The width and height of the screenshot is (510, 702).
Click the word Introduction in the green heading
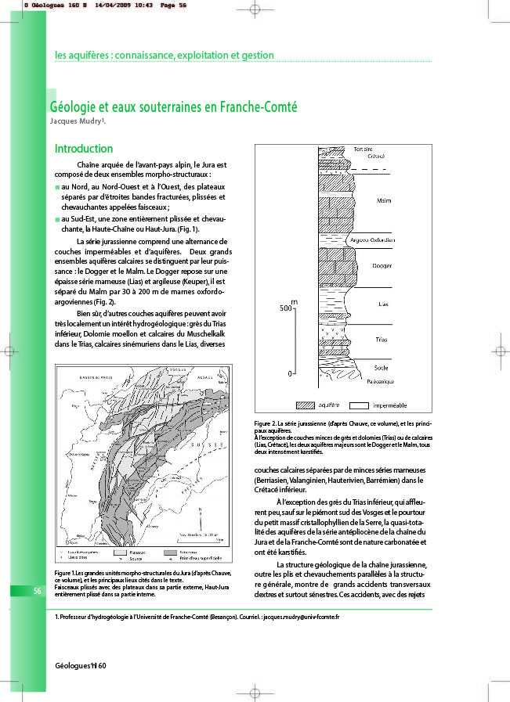tap(84, 149)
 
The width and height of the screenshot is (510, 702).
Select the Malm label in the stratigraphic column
tap(384, 201)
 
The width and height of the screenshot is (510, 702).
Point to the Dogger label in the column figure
tap(384, 266)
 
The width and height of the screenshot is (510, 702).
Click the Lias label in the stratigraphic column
tap(382, 304)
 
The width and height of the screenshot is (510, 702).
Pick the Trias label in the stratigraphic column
tap(382, 340)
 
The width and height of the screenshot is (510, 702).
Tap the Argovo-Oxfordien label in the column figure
tap(375, 239)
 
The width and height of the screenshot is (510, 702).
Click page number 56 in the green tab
tap(37, 591)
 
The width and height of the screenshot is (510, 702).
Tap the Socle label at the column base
tap(381, 367)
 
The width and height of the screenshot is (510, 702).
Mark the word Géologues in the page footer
tap(71, 664)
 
